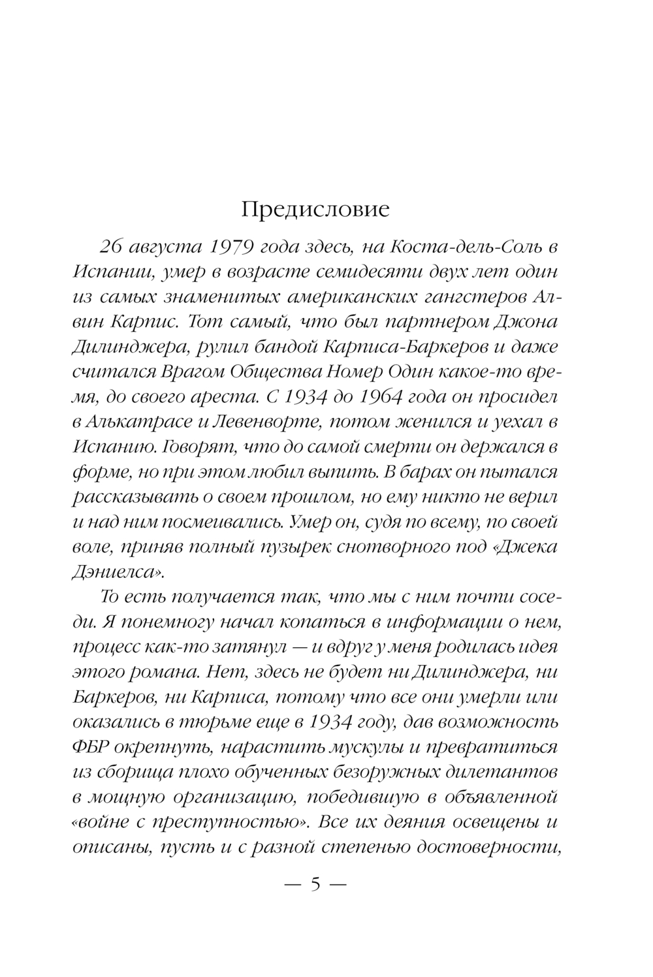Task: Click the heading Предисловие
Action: click(x=315, y=210)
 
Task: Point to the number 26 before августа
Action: click(x=110, y=247)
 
